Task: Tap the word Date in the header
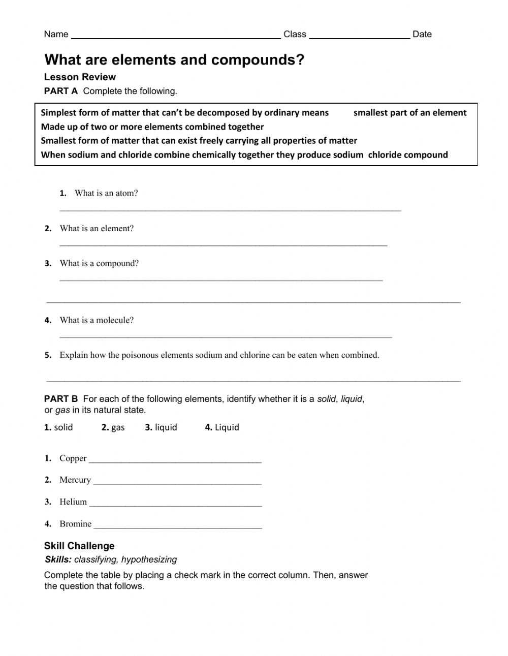click(422, 34)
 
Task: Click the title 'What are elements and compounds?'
click(174, 60)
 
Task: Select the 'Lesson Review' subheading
click(80, 77)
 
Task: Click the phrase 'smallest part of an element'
click(409, 113)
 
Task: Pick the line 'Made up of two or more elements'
click(152, 127)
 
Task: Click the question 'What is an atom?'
click(106, 193)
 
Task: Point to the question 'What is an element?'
click(97, 229)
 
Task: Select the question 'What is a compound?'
click(99, 263)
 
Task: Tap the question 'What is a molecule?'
click(97, 320)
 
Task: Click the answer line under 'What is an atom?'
click(230, 209)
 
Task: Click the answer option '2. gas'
click(113, 427)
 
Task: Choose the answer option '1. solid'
click(58, 427)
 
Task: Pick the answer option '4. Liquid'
click(222, 427)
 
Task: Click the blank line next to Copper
click(175, 461)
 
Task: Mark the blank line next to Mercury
click(177, 483)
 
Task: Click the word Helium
click(73, 502)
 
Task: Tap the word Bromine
click(76, 524)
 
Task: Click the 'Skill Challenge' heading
click(79, 546)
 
